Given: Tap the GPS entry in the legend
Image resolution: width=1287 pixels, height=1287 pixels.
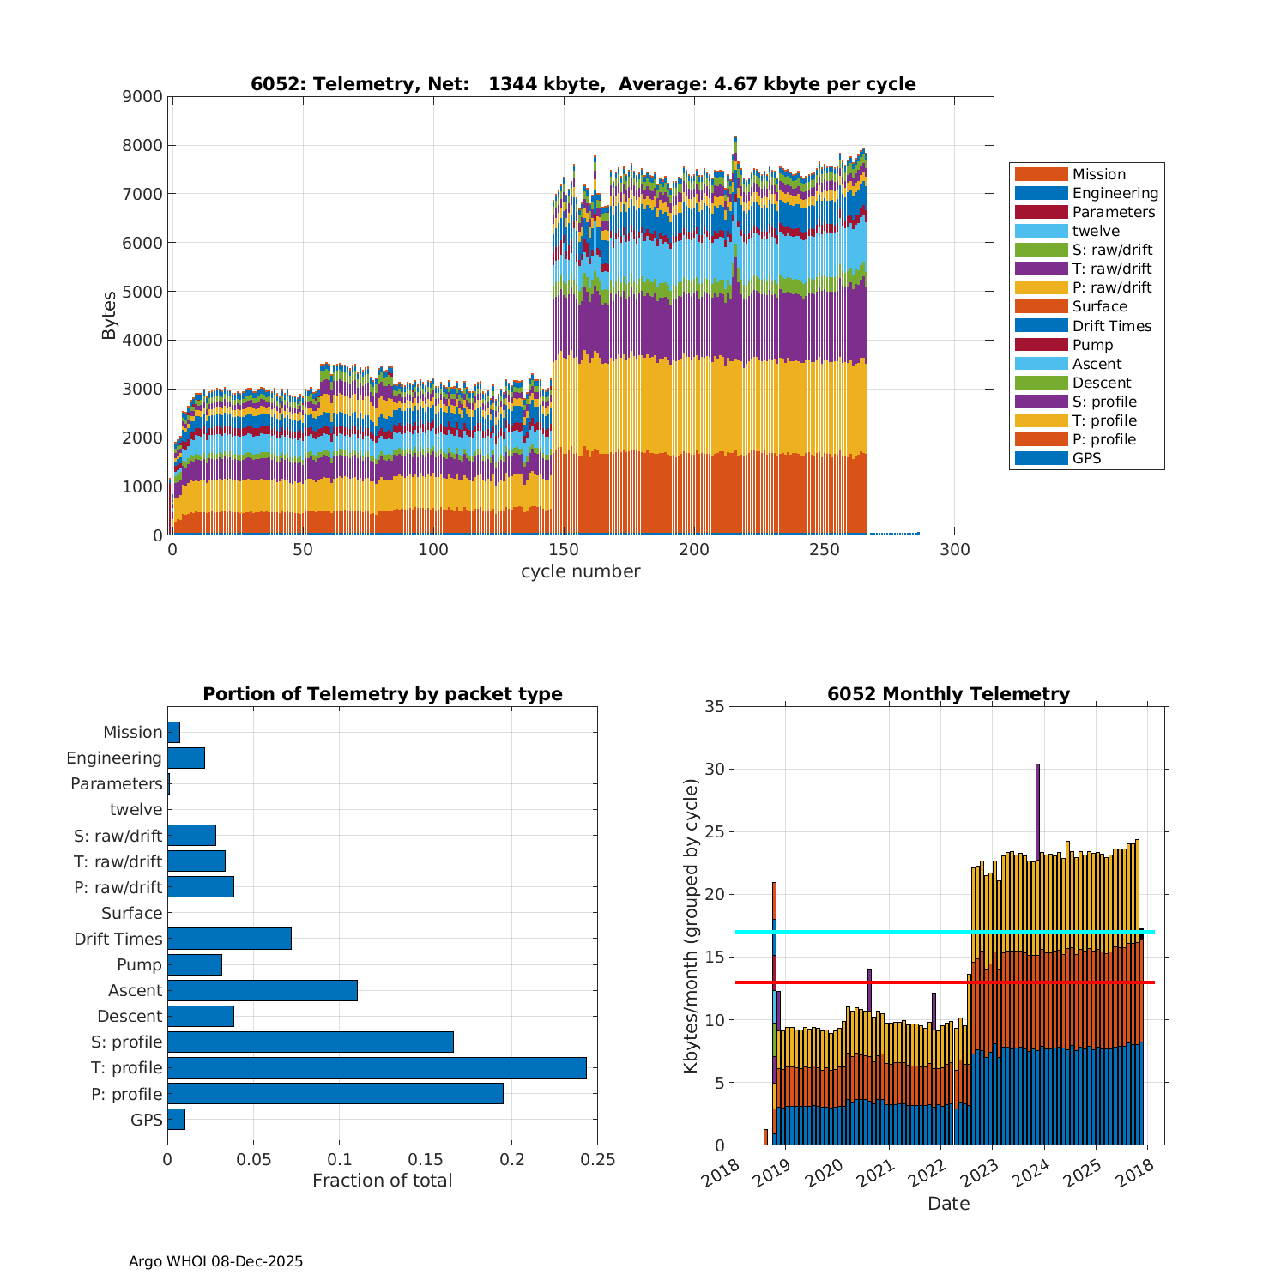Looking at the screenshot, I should click(1086, 458).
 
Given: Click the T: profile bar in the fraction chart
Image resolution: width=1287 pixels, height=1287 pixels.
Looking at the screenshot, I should click(377, 1067).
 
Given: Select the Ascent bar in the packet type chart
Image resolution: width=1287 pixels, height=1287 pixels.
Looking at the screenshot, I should click(262, 990).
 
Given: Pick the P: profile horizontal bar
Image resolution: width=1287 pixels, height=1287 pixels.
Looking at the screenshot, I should click(335, 1093).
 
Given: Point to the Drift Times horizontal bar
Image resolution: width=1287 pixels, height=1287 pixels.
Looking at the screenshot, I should click(229, 939).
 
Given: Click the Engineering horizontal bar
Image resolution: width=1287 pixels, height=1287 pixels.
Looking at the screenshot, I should click(185, 758).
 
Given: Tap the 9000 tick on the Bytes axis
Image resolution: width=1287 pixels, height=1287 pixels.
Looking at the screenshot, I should click(142, 96).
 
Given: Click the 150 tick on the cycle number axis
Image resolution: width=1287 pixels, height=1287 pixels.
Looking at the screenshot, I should click(564, 550).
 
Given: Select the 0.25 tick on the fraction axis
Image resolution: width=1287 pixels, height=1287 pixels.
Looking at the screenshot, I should click(598, 1160).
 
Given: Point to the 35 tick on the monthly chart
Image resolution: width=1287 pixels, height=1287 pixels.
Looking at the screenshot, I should click(715, 706).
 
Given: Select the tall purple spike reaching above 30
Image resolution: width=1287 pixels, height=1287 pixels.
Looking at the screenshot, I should click(1037, 807).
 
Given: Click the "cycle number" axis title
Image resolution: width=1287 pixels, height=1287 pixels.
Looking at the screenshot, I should click(580, 571).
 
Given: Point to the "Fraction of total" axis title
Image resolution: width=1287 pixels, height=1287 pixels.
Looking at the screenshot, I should click(382, 1181).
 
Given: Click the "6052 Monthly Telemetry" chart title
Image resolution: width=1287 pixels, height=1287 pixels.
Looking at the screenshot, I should click(948, 693).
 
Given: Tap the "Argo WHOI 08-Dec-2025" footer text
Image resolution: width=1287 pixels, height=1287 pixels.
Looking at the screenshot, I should click(215, 1261).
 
